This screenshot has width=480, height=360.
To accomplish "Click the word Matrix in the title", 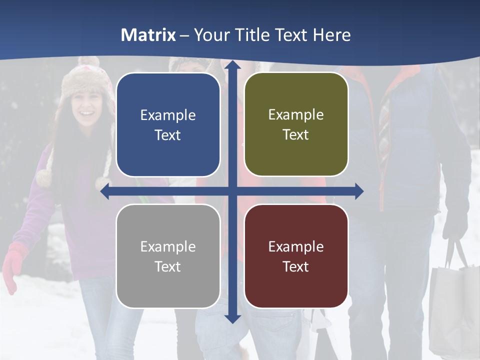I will [x=148, y=35].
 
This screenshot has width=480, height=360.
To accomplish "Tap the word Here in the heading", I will [x=332, y=35].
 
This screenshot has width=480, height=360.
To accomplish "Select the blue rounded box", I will [x=168, y=125].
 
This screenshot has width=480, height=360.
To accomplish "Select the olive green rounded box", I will [x=296, y=124].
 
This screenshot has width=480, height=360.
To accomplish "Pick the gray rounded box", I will [x=168, y=256].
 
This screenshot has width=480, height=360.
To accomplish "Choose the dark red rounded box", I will [x=296, y=256].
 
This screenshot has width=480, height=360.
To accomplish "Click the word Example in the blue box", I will [x=168, y=115].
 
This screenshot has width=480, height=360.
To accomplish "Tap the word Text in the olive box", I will [x=296, y=135].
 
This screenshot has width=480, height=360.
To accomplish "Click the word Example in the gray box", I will [x=168, y=246].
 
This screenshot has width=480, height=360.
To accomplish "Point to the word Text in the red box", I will [x=296, y=266].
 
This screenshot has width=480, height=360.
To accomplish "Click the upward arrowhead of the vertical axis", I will [x=232, y=64].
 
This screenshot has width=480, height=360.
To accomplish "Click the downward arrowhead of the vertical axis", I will [x=232, y=318].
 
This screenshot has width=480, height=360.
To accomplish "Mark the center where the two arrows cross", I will [x=232, y=191].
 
